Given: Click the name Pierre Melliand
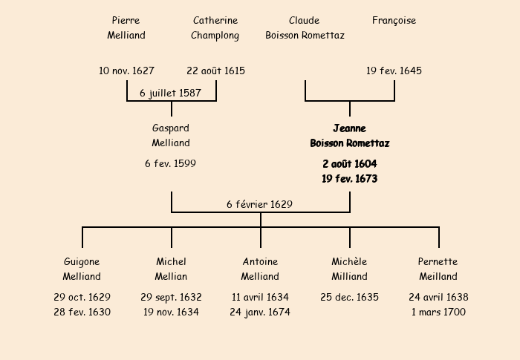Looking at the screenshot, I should (126, 27).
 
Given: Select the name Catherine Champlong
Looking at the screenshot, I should (215, 27).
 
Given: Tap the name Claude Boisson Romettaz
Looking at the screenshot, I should (305, 27).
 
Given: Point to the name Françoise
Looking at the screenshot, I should (394, 21).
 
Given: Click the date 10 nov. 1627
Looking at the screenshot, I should (126, 71).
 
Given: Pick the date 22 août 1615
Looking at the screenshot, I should (215, 71).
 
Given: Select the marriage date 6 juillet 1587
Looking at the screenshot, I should (171, 93).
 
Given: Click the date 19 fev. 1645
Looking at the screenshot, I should (394, 71).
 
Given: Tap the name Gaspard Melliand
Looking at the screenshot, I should (171, 135).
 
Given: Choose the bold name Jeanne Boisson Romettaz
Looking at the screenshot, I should (349, 135).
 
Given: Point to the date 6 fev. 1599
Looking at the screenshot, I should (171, 163).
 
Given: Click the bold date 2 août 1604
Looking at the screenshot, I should (349, 163).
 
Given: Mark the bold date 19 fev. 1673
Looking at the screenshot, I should (349, 179).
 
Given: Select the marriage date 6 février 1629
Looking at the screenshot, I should (260, 204).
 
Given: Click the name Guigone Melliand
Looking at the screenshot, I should (82, 269).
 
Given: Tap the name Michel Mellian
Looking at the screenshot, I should (171, 269).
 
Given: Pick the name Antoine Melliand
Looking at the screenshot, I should (260, 269).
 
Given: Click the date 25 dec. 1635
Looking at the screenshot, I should (349, 297).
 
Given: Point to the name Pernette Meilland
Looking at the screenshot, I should (438, 269).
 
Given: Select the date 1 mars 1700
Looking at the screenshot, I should (438, 312).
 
